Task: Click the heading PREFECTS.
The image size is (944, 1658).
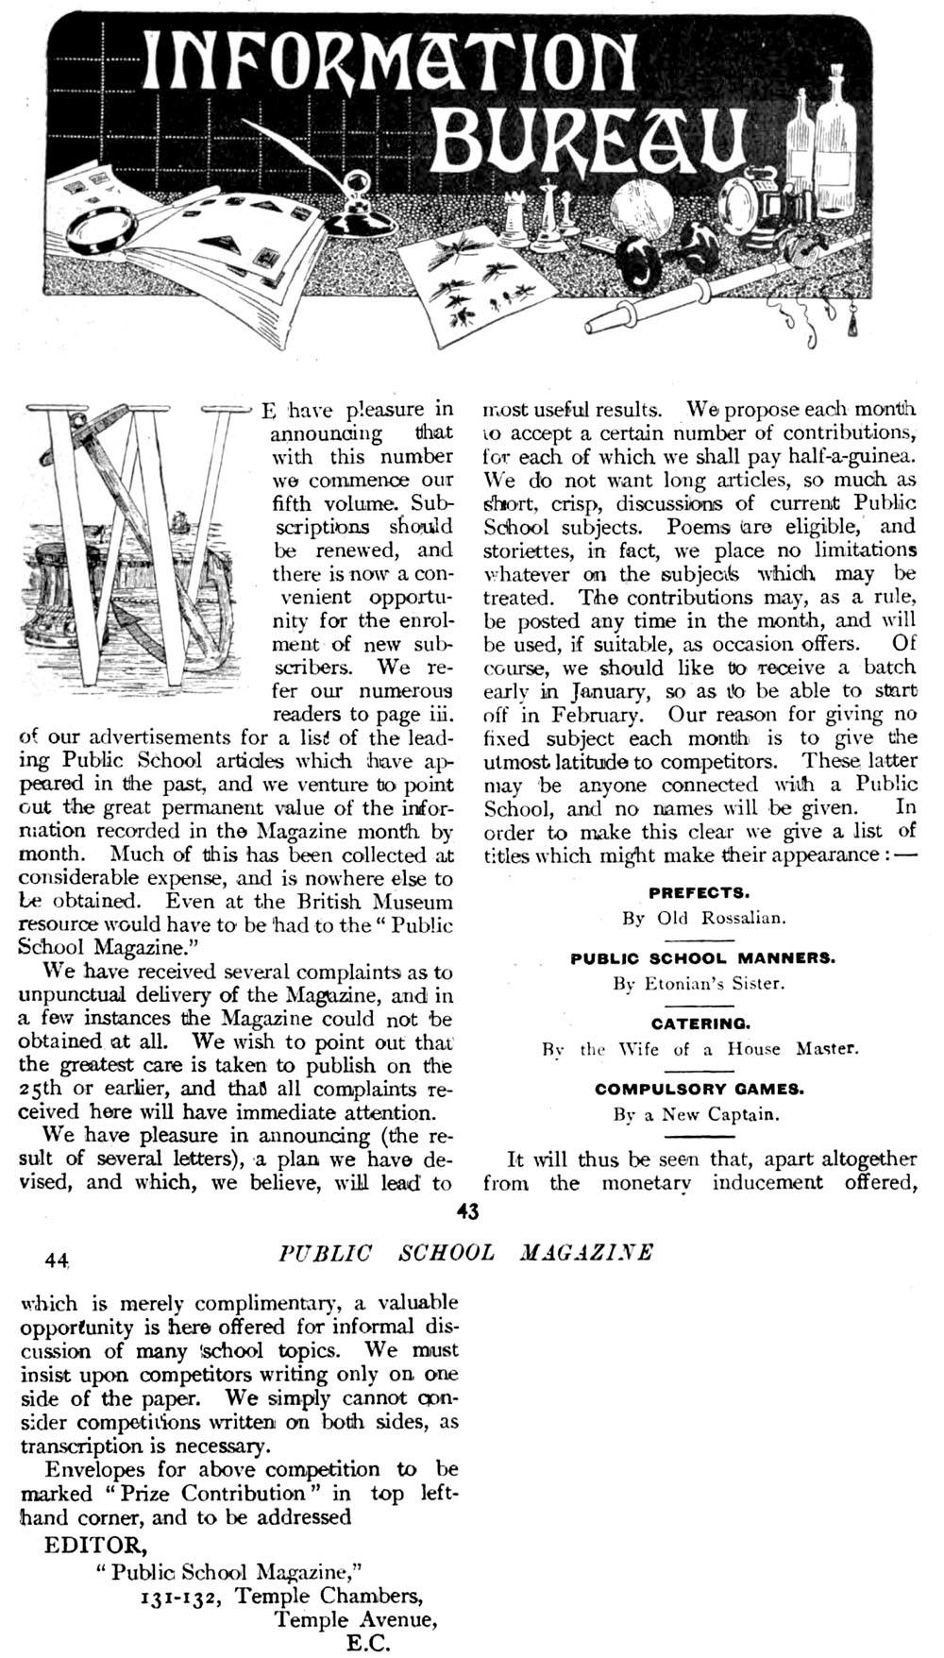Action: point(700,892)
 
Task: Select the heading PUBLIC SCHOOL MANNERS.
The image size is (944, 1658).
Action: point(702,957)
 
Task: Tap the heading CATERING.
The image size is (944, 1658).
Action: point(700,1024)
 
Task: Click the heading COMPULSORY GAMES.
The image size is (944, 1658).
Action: point(700,1089)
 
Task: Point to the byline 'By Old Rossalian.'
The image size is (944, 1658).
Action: point(703,918)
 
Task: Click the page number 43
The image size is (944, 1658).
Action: point(469,1211)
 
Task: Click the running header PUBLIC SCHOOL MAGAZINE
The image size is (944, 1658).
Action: point(466,1253)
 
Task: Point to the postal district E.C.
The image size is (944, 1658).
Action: point(369,1643)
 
